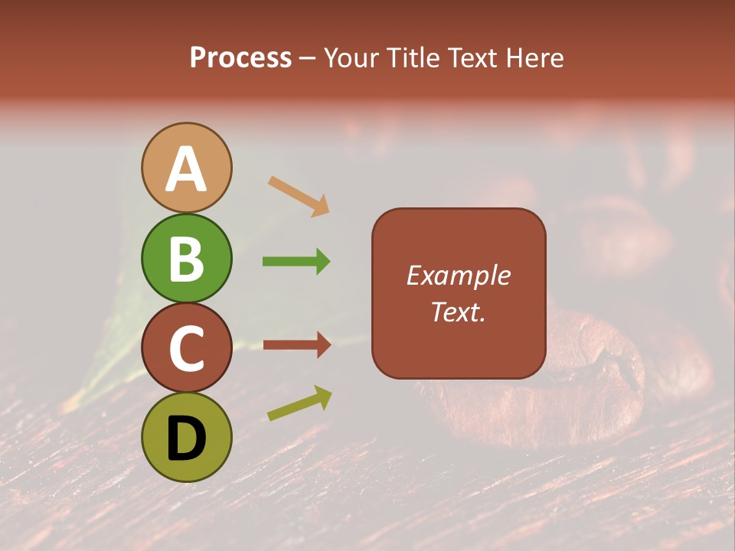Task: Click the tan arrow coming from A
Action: pyautogui.click(x=299, y=196)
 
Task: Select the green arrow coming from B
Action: pyautogui.click(x=296, y=262)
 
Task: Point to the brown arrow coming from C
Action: pyautogui.click(x=297, y=345)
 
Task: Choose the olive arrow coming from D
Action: pyautogui.click(x=299, y=403)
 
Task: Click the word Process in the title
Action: pyautogui.click(x=240, y=58)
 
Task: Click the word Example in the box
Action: pyautogui.click(x=459, y=275)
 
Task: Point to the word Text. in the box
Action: pyautogui.click(x=459, y=311)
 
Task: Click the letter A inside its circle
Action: pyautogui.click(x=187, y=169)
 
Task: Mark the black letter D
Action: pyautogui.click(x=187, y=439)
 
